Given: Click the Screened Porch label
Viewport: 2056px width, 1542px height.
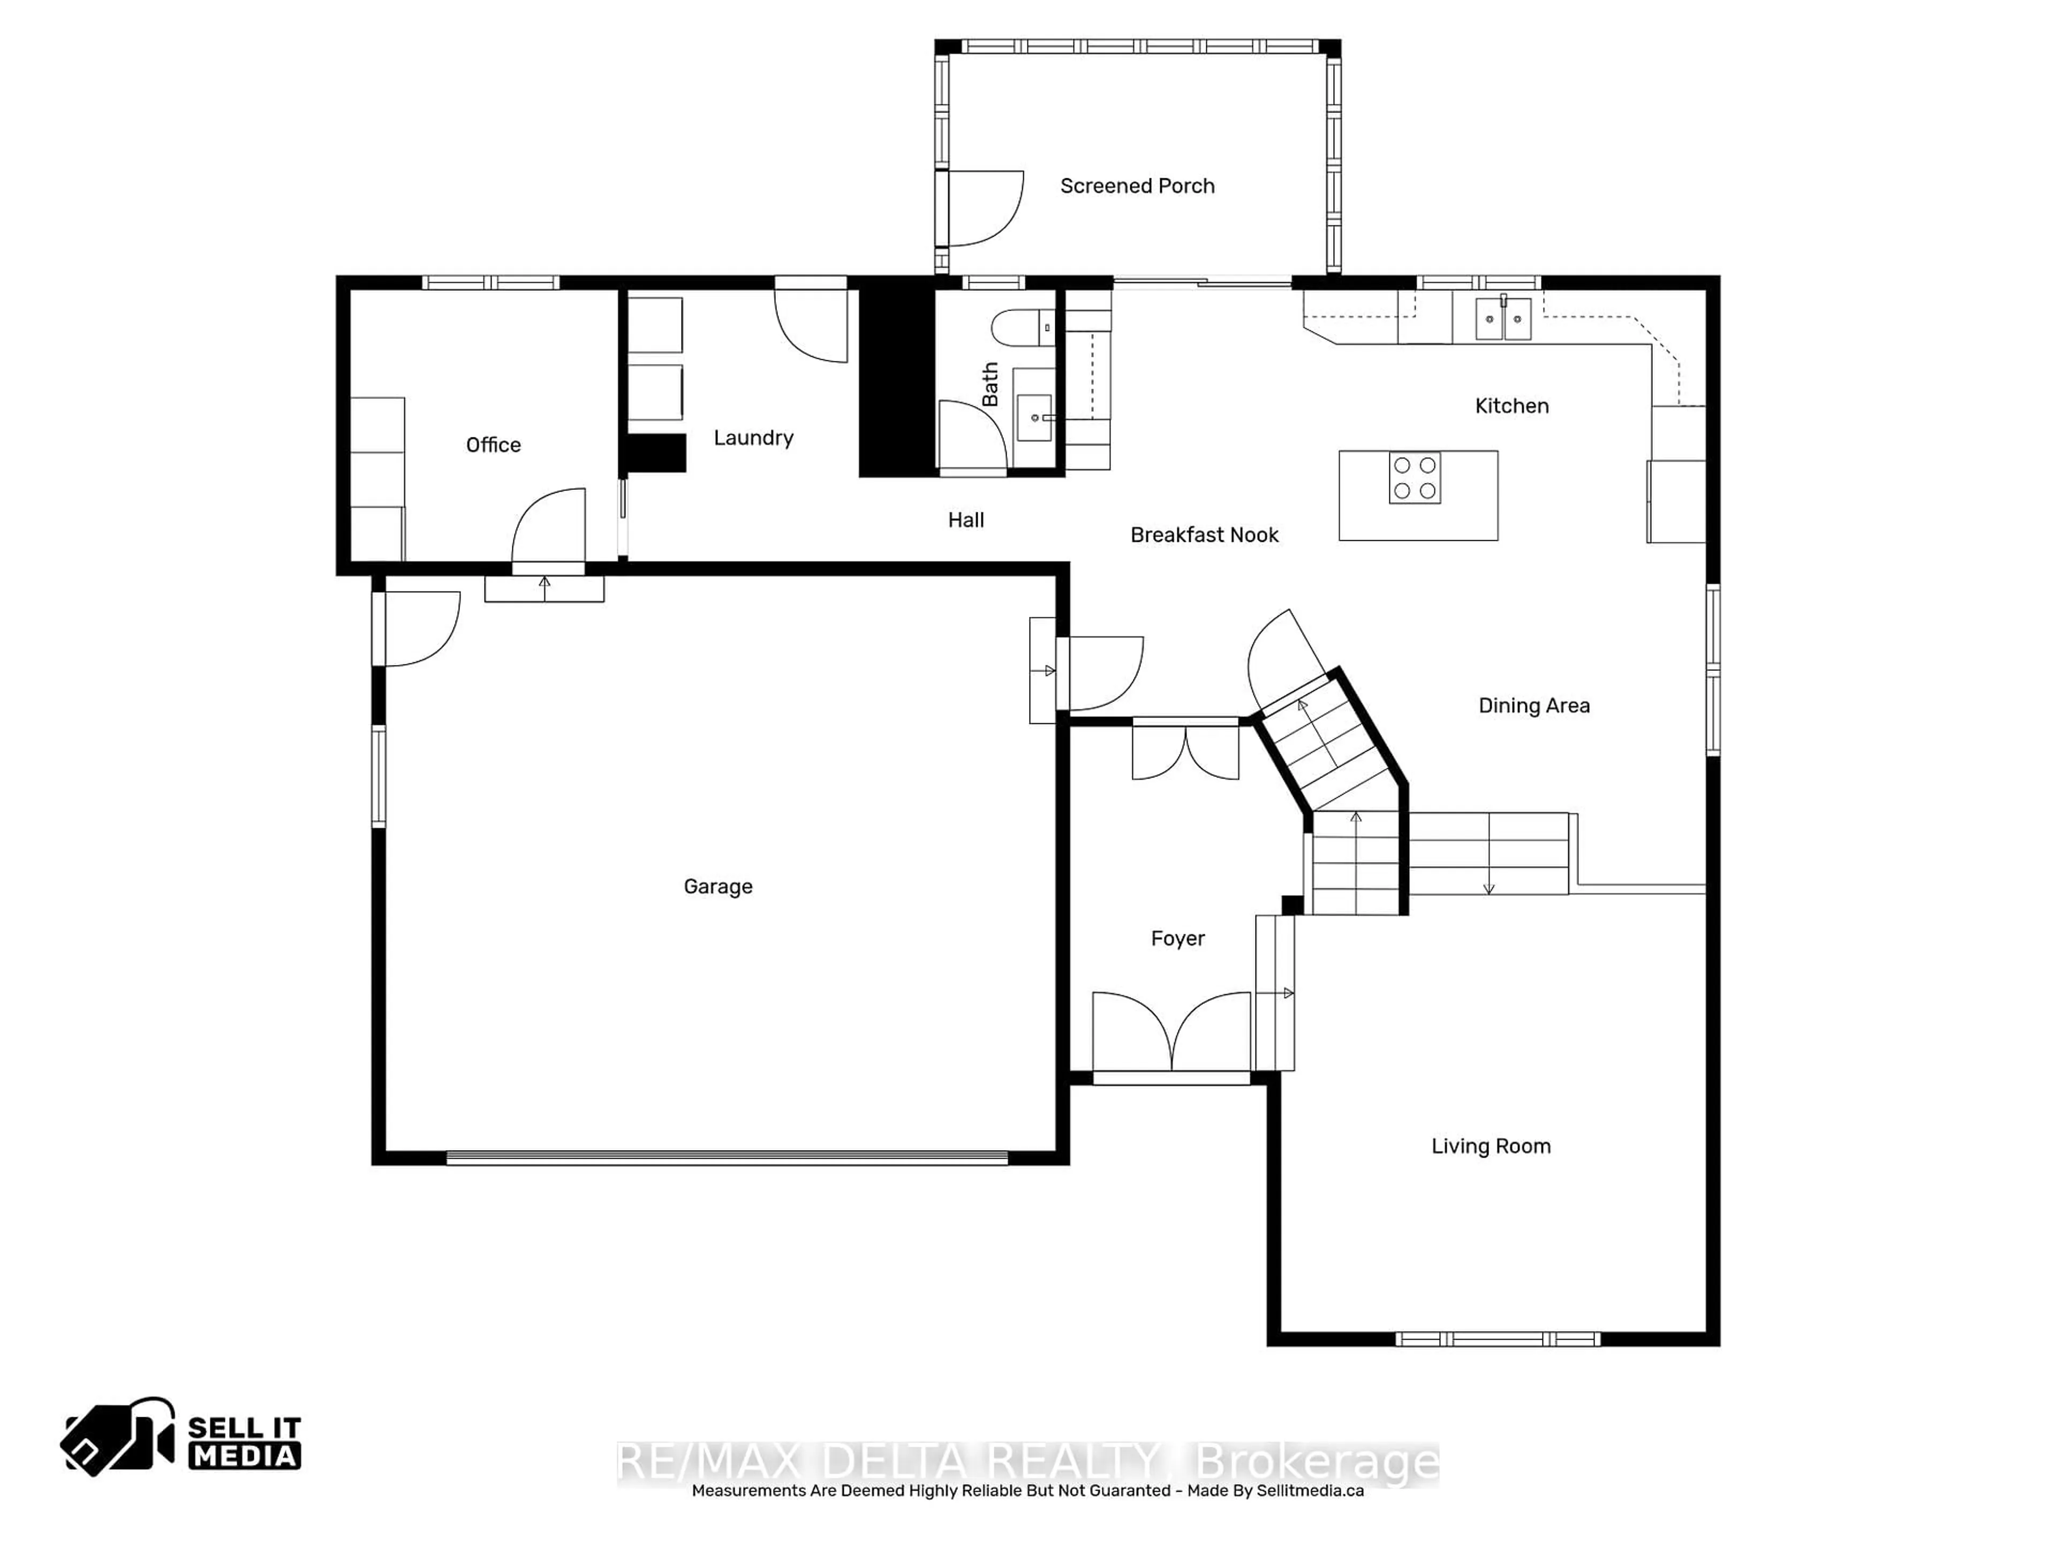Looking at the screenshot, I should click(x=1137, y=186).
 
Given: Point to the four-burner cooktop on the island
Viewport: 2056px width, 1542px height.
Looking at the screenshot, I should click(x=1415, y=478).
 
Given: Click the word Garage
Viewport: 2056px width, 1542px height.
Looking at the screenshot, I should click(x=717, y=887).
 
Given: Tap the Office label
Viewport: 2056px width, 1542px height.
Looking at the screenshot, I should click(x=493, y=445).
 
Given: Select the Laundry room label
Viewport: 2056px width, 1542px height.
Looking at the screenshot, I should click(x=753, y=438).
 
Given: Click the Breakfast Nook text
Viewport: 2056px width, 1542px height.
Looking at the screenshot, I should click(x=1204, y=535).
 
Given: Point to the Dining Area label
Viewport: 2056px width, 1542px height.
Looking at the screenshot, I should click(x=1533, y=706).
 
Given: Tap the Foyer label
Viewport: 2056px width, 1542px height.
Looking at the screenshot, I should click(x=1177, y=939).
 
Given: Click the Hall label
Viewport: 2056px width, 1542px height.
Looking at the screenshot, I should click(x=966, y=520).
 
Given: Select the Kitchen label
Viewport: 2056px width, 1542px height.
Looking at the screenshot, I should click(x=1511, y=406).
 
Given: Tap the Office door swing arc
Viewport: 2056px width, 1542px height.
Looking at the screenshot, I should click(x=548, y=525).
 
